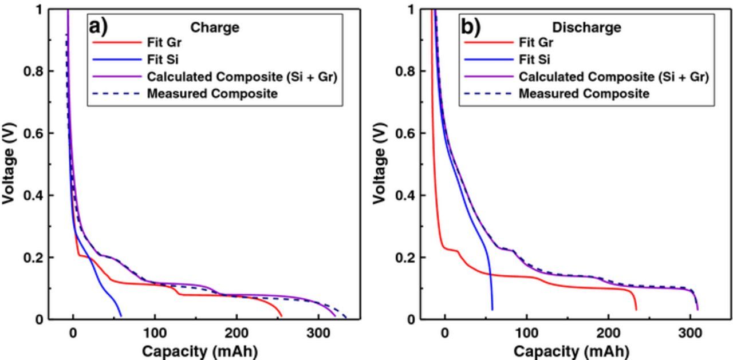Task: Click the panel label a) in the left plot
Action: (x=98, y=26)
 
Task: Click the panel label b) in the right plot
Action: (x=470, y=26)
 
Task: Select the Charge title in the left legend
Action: (x=215, y=27)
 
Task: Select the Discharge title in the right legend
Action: (x=586, y=27)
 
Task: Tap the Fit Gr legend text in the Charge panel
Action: (x=164, y=42)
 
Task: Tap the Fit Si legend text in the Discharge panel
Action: (x=535, y=60)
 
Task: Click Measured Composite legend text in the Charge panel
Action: (x=212, y=93)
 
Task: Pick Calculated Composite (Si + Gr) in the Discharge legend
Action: (x=613, y=77)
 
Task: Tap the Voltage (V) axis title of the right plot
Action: (x=380, y=164)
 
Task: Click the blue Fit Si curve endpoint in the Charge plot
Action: (x=121, y=315)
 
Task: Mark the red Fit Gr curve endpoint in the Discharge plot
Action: (x=636, y=310)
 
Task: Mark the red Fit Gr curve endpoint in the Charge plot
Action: (x=281, y=316)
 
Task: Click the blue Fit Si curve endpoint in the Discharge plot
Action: (x=492, y=310)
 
